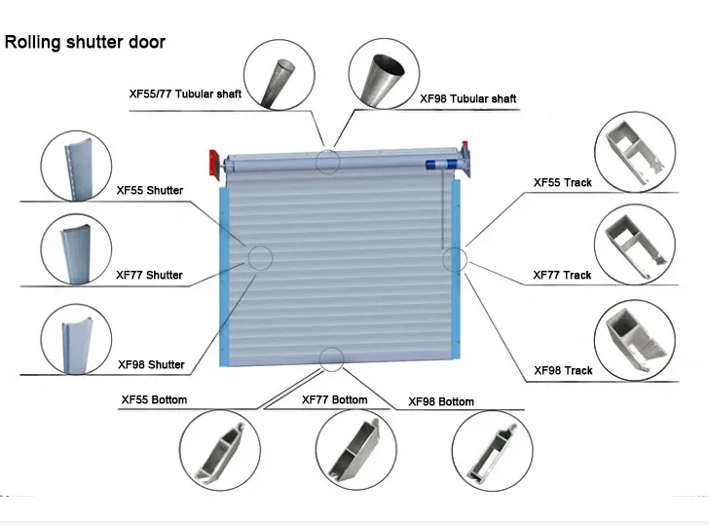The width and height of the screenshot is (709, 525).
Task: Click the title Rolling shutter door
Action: click(x=85, y=43)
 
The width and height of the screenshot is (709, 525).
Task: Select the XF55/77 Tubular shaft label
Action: click(x=185, y=94)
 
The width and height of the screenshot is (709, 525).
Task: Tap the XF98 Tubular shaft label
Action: click(x=467, y=98)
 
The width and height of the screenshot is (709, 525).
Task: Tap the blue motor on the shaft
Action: click(x=440, y=163)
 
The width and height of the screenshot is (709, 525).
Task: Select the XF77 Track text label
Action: click(x=562, y=275)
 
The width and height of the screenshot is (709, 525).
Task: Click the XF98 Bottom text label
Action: click(x=441, y=402)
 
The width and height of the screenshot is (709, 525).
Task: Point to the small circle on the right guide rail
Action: click(x=455, y=259)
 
